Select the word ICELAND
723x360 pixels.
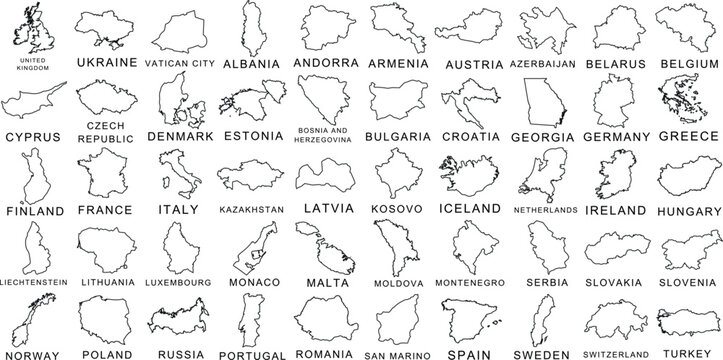coord(470,208)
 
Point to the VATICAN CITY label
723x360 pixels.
coord(180,63)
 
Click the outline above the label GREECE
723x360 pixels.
coord(683,101)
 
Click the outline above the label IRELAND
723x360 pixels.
coord(611,174)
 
